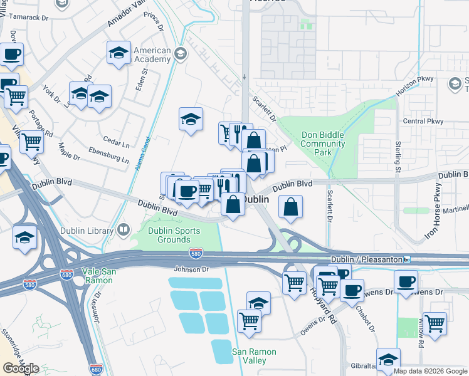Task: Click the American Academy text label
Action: click(x=152, y=55)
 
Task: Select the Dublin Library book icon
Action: click(x=122, y=230)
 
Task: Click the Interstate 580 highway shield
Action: click(x=195, y=253)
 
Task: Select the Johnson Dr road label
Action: click(x=191, y=269)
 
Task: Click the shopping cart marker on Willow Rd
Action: click(x=435, y=323)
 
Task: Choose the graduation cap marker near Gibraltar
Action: click(x=388, y=359)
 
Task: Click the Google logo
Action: click(x=21, y=368)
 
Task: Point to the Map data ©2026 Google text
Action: click(x=429, y=371)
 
